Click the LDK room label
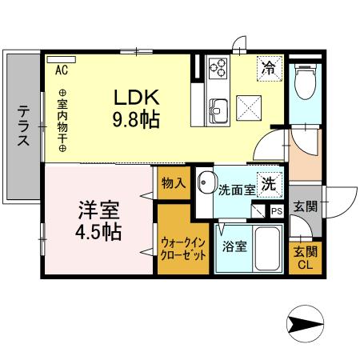(137, 98)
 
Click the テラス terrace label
(23, 126)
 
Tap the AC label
(62, 70)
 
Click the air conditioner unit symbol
(62, 59)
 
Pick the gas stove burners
(218, 70)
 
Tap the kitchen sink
(217, 106)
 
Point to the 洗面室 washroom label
(237, 190)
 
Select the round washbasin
(206, 181)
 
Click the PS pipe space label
(276, 211)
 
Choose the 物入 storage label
(173, 183)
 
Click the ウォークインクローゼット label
(183, 246)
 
